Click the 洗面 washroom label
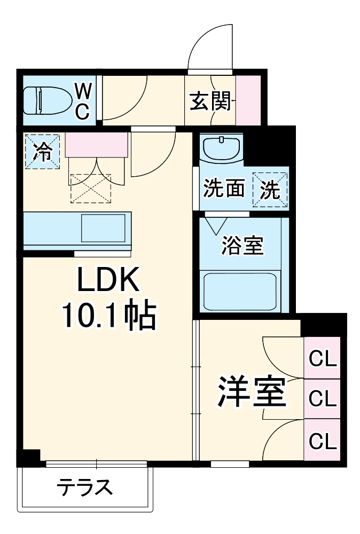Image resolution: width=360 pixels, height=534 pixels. click(224, 189)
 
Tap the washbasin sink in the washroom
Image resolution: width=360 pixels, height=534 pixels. click(221, 146)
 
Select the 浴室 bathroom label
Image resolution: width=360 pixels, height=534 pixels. click(242, 245)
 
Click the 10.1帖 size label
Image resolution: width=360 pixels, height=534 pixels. click(109, 316)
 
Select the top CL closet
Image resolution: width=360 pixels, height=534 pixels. click(323, 358)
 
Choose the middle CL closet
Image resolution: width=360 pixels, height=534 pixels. click(323, 398)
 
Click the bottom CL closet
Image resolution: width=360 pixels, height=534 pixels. click(323, 440)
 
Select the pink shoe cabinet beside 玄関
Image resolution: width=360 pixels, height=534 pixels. click(248, 100)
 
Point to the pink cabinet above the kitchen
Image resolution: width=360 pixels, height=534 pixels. click(97, 145)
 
